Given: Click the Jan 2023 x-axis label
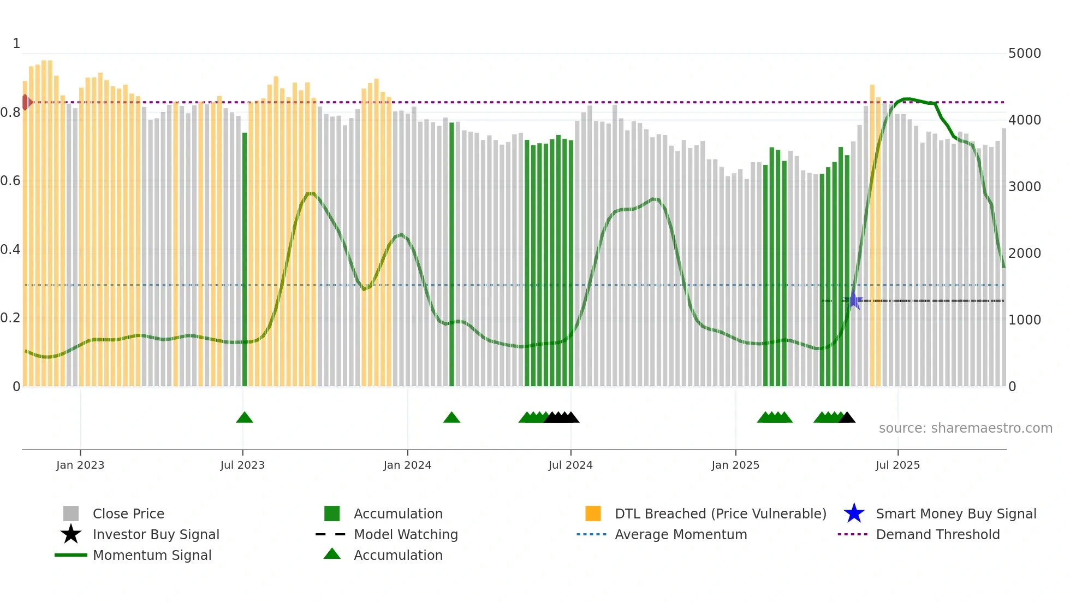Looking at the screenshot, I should click(80, 465).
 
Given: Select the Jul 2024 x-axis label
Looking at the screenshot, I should click(570, 465).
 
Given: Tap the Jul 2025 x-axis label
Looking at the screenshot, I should click(897, 465).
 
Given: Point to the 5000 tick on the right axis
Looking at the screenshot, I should click(1024, 54).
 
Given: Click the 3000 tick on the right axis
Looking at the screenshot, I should click(1024, 187).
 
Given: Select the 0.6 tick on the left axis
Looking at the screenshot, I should click(10, 181).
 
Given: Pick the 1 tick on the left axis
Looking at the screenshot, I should click(16, 44).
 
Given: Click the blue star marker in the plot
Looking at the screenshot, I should click(854, 300).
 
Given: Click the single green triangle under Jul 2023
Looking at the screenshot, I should click(245, 418).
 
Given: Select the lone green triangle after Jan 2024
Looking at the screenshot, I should click(451, 418).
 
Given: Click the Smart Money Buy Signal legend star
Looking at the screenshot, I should click(854, 514).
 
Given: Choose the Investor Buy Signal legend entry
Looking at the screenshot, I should click(156, 534).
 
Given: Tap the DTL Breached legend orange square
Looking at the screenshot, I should click(593, 514).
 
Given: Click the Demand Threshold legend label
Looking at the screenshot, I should click(937, 534).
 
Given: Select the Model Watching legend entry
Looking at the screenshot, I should click(405, 534).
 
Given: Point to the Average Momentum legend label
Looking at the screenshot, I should click(680, 534).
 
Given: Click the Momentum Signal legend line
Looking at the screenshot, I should click(71, 555).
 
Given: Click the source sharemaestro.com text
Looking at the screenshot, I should click(965, 428).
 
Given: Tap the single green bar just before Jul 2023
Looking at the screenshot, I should click(245, 259).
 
